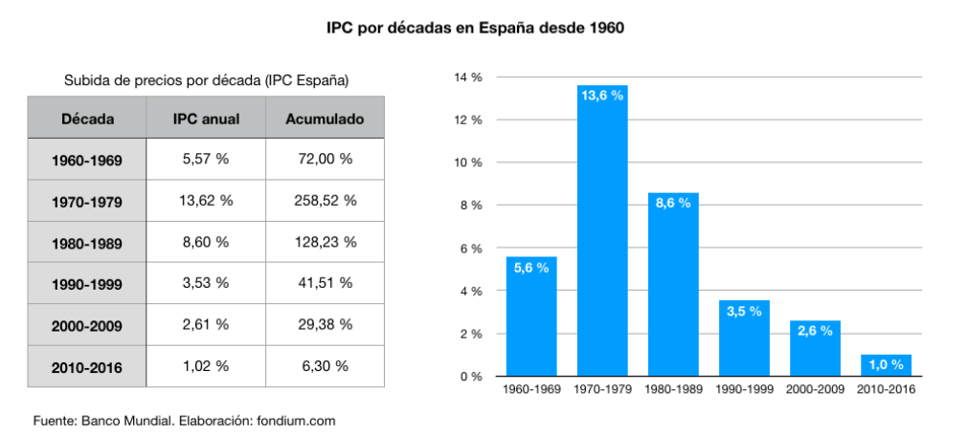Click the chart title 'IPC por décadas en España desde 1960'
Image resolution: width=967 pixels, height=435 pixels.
coord(475,28)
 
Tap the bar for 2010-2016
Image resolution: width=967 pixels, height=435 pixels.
coord(886,365)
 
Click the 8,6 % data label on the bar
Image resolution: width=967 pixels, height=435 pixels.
coord(673,205)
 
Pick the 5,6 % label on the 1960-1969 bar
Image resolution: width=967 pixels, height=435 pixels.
coord(531,269)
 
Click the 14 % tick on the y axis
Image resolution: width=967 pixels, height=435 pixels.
coord(468,77)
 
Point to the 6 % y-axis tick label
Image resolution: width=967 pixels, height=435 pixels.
coord(471,249)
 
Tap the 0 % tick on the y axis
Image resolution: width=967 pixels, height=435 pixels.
coord(471,377)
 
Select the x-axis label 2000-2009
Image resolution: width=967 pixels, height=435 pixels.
coord(815,390)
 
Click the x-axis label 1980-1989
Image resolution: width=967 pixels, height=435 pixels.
coord(673,390)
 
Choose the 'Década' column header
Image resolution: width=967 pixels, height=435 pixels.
coord(87,120)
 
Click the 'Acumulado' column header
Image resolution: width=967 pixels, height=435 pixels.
coord(325,120)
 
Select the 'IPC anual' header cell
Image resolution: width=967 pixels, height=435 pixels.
coord(206,120)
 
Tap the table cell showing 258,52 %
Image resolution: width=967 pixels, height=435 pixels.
coord(325,201)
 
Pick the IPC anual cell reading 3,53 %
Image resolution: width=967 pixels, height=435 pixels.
coord(206,283)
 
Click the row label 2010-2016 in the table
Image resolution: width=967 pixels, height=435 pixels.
coord(87,366)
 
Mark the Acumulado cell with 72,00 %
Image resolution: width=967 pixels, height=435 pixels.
coord(325,160)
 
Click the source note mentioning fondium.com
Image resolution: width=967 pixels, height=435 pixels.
coord(185,420)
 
